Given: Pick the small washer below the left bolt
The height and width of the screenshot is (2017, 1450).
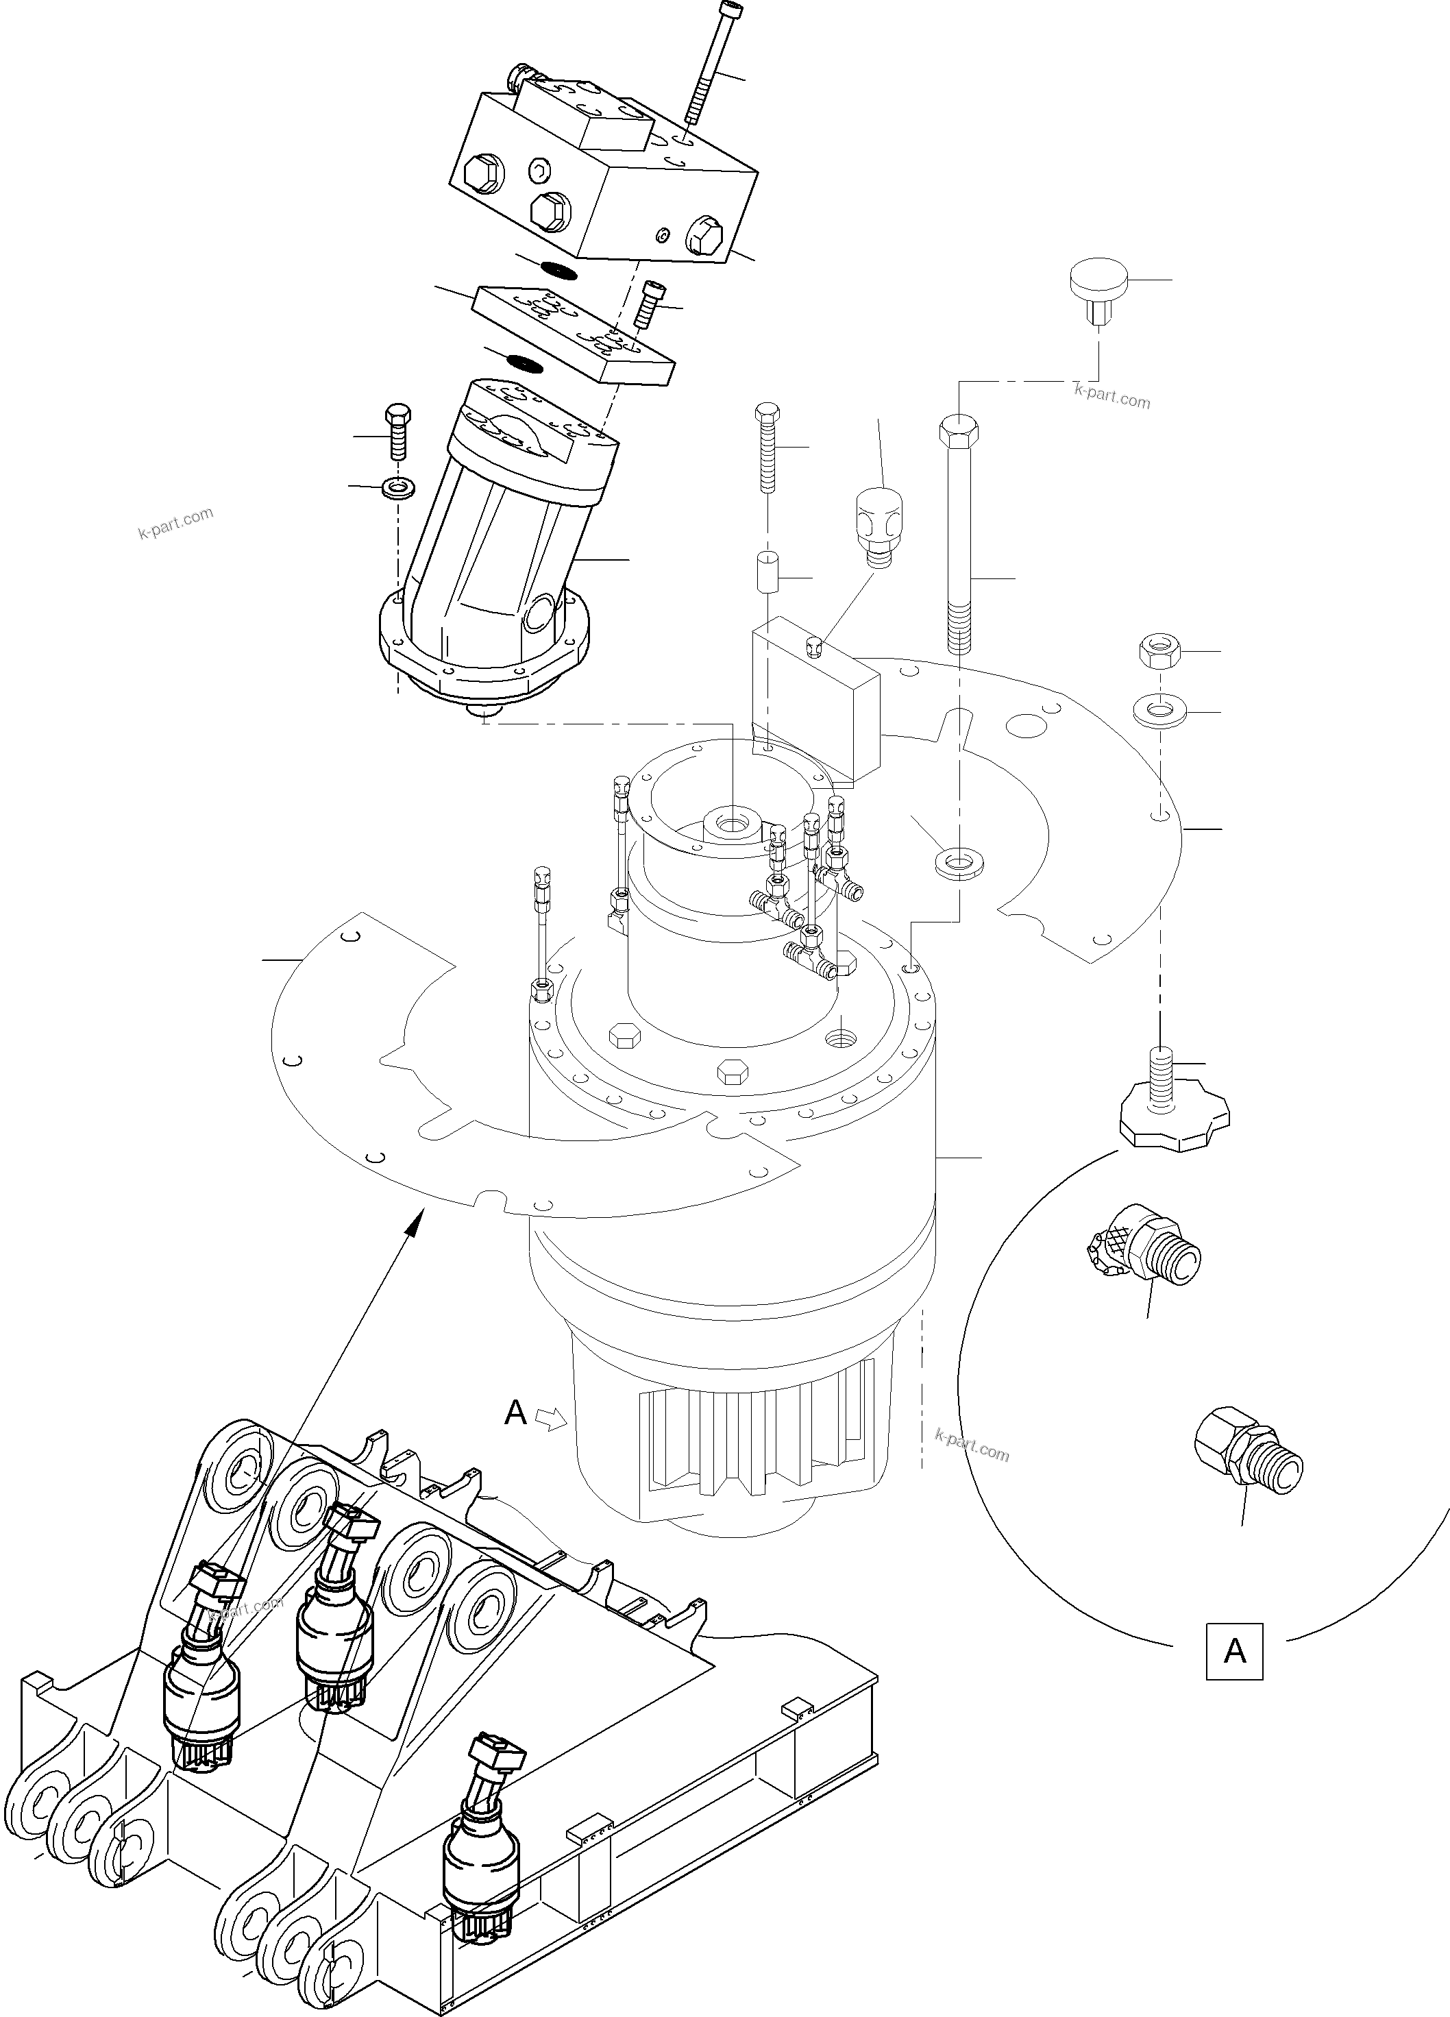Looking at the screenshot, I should tap(395, 487).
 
